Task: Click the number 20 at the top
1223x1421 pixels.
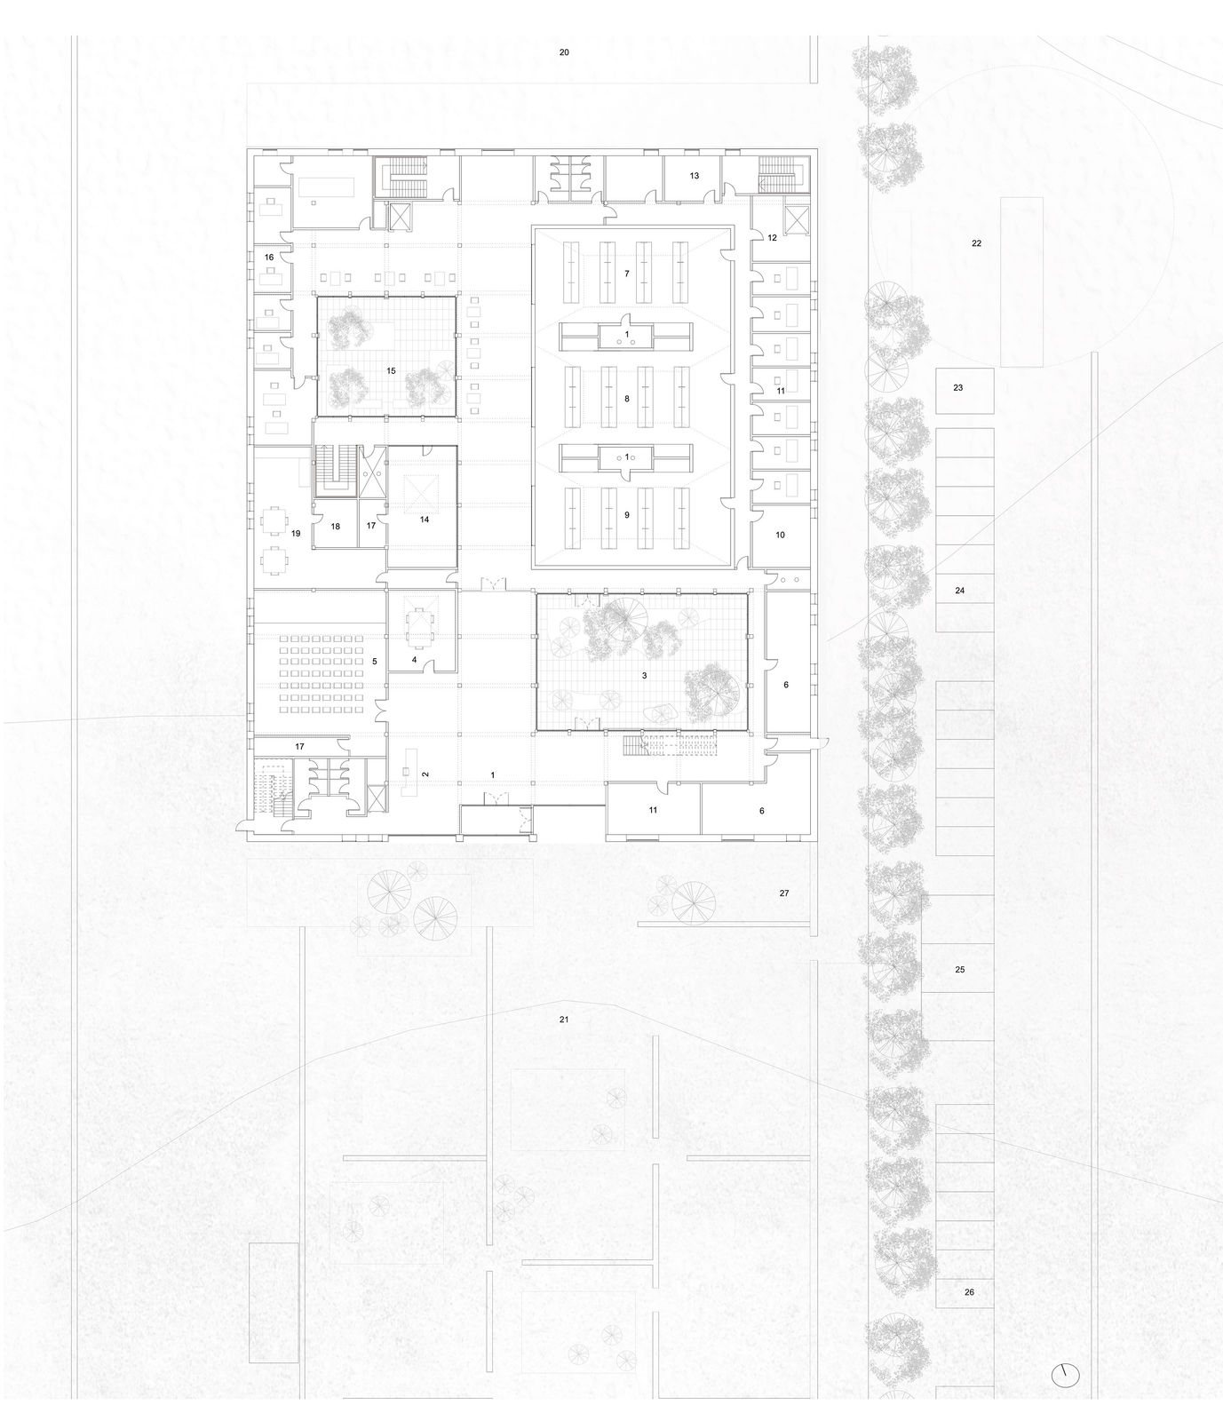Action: (x=564, y=53)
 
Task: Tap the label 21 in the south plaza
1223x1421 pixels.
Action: (x=564, y=1020)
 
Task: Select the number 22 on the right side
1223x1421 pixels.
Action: (x=976, y=243)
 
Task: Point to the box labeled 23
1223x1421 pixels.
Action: (x=965, y=389)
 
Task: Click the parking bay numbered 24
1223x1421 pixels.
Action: (x=960, y=591)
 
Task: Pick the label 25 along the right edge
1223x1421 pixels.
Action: (x=959, y=971)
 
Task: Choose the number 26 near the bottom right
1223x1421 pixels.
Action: (x=969, y=1292)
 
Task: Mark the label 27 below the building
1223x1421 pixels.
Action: (x=784, y=893)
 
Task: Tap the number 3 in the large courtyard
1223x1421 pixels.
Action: (x=643, y=676)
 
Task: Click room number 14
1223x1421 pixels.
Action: (x=425, y=520)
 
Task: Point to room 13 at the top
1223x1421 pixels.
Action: (x=695, y=176)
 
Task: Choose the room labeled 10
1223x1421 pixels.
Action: (x=780, y=535)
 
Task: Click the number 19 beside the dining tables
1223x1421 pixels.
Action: (x=296, y=534)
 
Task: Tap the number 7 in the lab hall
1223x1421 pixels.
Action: (x=626, y=274)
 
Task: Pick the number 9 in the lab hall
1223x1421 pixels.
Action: (x=626, y=515)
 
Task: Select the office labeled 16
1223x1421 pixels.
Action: (x=268, y=258)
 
